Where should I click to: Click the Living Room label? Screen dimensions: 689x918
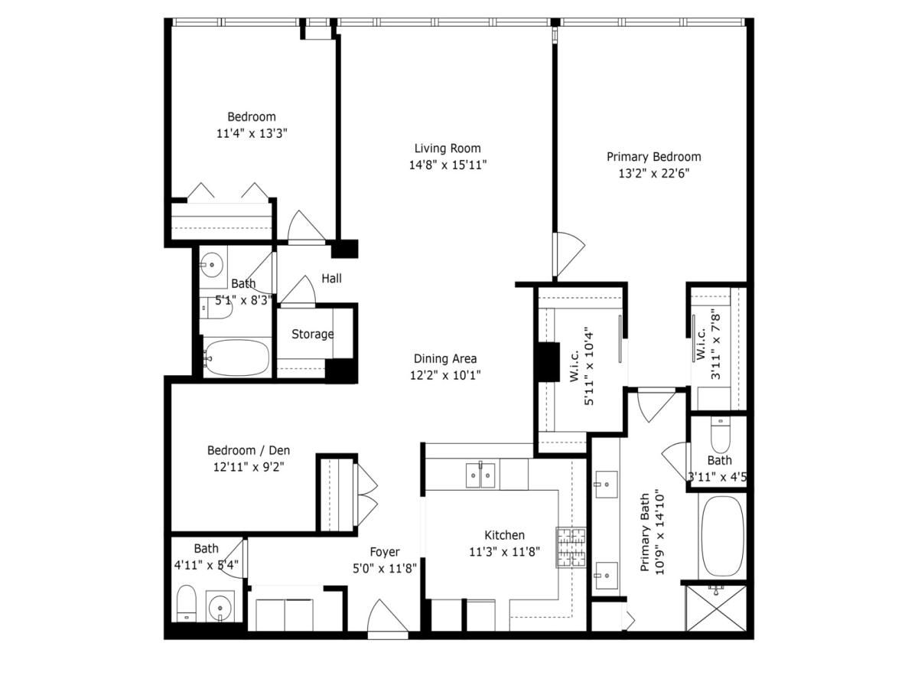coord(448,148)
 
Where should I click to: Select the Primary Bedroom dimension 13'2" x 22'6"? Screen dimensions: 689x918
coord(653,173)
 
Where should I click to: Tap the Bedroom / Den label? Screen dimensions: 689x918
coord(249,450)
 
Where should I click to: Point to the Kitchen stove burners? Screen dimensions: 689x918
coord(570,547)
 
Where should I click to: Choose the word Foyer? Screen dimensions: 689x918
coord(384,551)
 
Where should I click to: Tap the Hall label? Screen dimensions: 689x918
coord(331,279)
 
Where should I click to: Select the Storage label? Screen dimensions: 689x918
coord(312,334)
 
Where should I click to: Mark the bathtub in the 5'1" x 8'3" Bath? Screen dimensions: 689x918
coord(237,358)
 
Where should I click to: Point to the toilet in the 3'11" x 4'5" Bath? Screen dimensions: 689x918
coord(721,435)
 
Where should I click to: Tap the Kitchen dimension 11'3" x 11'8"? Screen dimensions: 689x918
coord(504,551)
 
